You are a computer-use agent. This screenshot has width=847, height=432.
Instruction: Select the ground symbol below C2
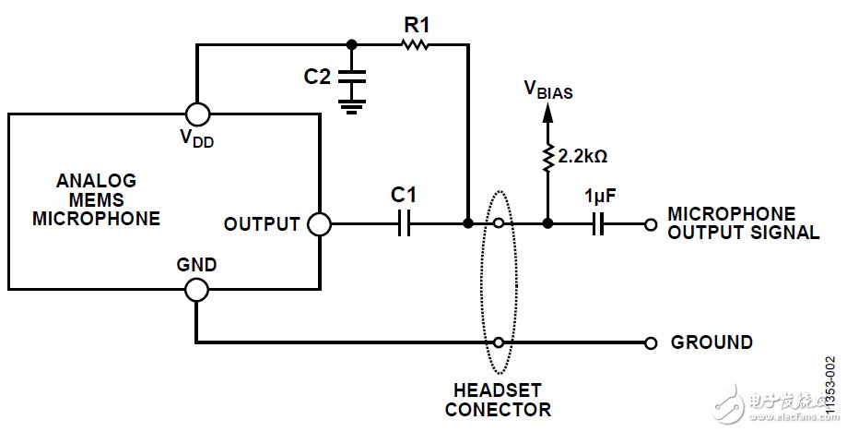(350, 107)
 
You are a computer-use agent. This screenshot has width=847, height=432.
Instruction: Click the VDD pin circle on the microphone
(196, 114)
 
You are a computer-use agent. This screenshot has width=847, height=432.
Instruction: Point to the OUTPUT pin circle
(319, 223)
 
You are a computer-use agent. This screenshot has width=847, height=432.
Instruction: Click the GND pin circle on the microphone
(196, 290)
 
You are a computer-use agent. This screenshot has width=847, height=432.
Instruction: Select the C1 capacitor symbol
(403, 223)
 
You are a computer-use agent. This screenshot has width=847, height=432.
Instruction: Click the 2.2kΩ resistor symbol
(547, 158)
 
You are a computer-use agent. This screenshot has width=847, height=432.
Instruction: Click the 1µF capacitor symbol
(599, 223)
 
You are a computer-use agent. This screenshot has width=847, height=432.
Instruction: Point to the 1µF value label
(600, 197)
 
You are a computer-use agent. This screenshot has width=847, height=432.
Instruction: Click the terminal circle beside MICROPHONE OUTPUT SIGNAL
(651, 223)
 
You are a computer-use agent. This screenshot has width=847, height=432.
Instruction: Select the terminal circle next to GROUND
(651, 342)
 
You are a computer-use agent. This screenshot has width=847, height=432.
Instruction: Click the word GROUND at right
(711, 342)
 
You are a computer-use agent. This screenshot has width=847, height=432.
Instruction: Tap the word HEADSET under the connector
(498, 390)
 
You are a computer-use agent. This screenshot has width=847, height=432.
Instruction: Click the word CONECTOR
(498, 409)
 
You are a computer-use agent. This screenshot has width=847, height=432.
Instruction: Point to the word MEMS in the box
(96, 199)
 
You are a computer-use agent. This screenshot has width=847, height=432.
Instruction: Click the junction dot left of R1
(351, 43)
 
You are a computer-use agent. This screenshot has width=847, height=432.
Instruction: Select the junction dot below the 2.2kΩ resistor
(547, 223)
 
